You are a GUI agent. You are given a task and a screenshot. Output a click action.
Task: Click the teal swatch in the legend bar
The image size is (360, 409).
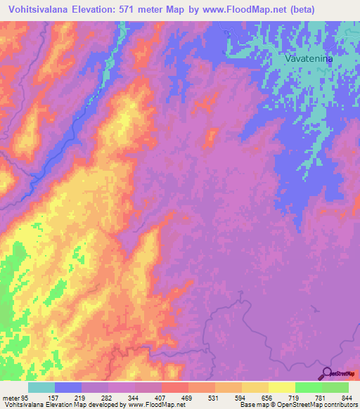[x=41, y=387]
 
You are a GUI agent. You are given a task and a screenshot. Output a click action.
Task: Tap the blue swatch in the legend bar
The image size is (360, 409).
[x=68, y=387]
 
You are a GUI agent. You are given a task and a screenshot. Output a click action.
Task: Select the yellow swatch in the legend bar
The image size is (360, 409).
[x=281, y=387]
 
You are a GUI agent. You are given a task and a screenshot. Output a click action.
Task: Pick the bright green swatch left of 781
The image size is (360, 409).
[x=308, y=387]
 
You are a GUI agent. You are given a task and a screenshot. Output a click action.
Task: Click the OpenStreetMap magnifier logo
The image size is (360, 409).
[x=327, y=373]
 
